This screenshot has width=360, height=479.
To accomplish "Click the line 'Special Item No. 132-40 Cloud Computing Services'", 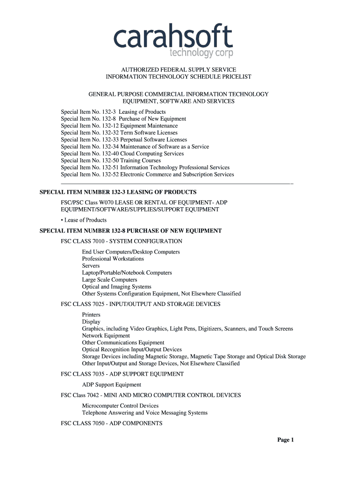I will click(122, 153).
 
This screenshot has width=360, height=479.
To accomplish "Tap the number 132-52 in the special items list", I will click(110, 174).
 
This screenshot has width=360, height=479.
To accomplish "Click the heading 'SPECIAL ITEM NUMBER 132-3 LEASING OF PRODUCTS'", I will click(118, 192).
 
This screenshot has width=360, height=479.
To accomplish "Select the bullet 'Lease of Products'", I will click(85, 220).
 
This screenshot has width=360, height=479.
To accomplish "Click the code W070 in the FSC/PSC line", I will click(103, 202).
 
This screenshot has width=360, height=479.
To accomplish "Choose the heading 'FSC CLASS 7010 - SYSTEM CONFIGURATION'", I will click(122, 241).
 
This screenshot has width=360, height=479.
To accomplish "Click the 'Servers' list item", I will click(91, 266).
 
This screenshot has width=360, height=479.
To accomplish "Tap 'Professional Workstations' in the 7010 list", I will click(113, 259).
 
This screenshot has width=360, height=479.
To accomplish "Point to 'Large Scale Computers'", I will click(109, 280).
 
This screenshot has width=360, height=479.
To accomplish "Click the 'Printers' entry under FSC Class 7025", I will click(91, 315).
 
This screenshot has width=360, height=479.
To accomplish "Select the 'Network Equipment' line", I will click(106, 335).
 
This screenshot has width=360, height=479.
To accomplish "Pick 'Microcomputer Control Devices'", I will click(120, 406).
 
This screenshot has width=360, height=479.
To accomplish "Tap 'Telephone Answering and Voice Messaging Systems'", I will click(144, 413).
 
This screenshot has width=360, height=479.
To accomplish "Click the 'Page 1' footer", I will click(285, 440).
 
